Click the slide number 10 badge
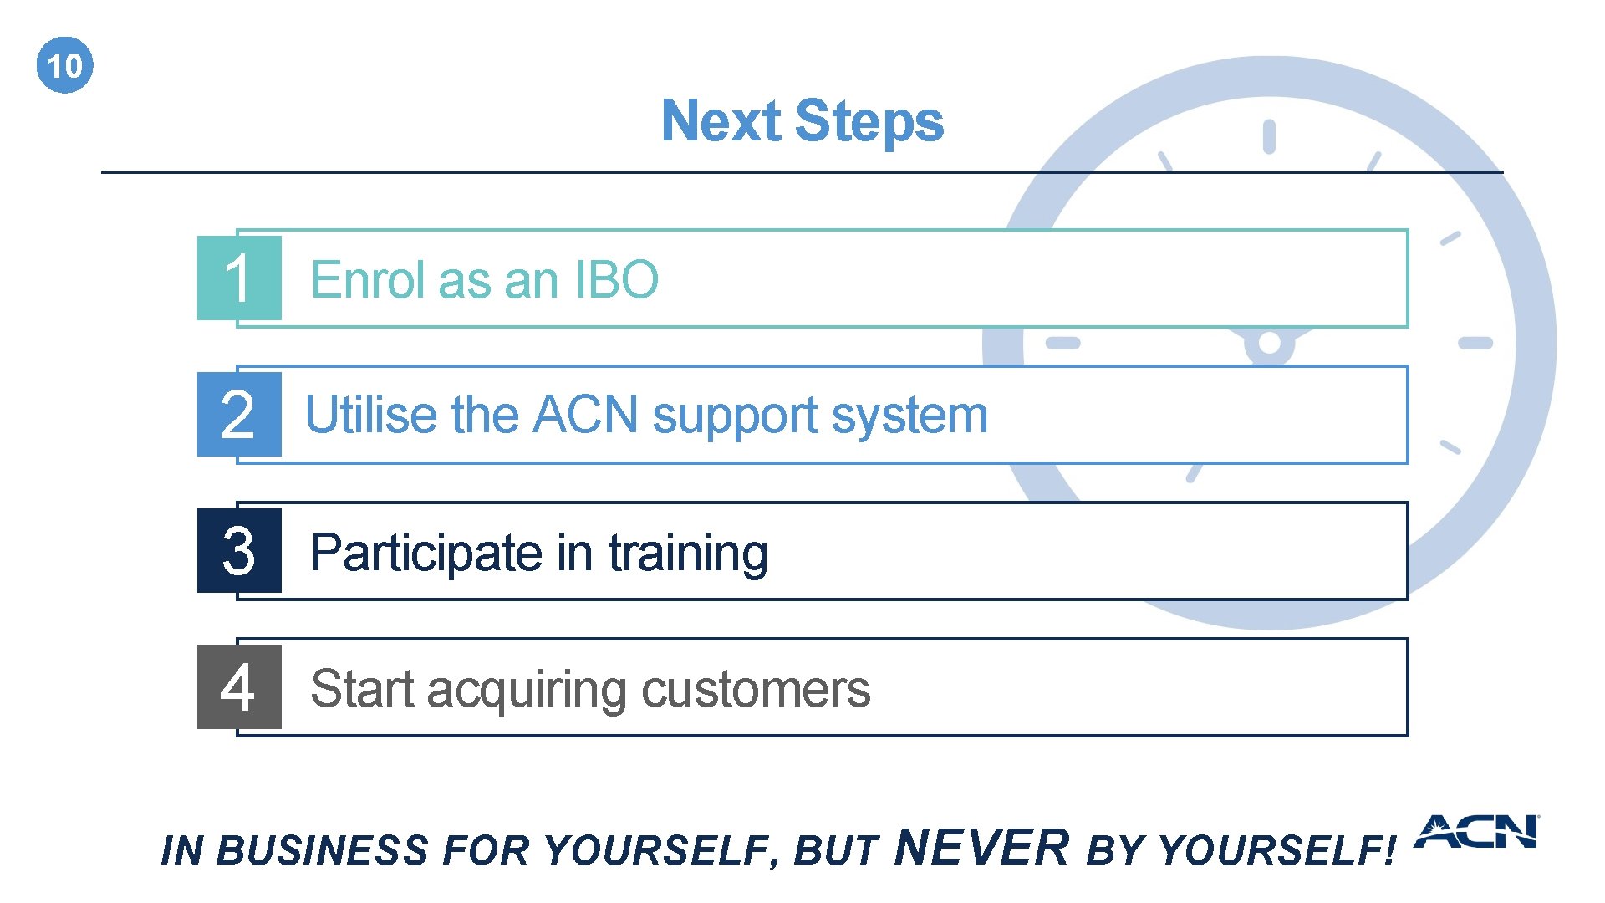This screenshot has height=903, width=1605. pyautogui.click(x=65, y=65)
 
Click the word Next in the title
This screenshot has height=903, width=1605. pyautogui.click(x=721, y=121)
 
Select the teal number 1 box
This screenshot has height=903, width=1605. pyautogui.click(x=239, y=278)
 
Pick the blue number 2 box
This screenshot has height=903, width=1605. pyautogui.click(x=239, y=415)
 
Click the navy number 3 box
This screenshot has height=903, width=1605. pyautogui.click(x=239, y=551)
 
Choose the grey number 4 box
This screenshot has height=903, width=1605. pyautogui.click(x=239, y=687)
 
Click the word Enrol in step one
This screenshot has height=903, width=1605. pyautogui.click(x=369, y=279)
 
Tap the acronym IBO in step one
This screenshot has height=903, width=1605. pyautogui.click(x=617, y=279)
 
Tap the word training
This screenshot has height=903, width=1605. pyautogui.click(x=688, y=554)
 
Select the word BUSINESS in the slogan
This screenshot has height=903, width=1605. pyautogui.click(x=322, y=851)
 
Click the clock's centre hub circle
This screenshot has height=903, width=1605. pyautogui.click(x=1269, y=343)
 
